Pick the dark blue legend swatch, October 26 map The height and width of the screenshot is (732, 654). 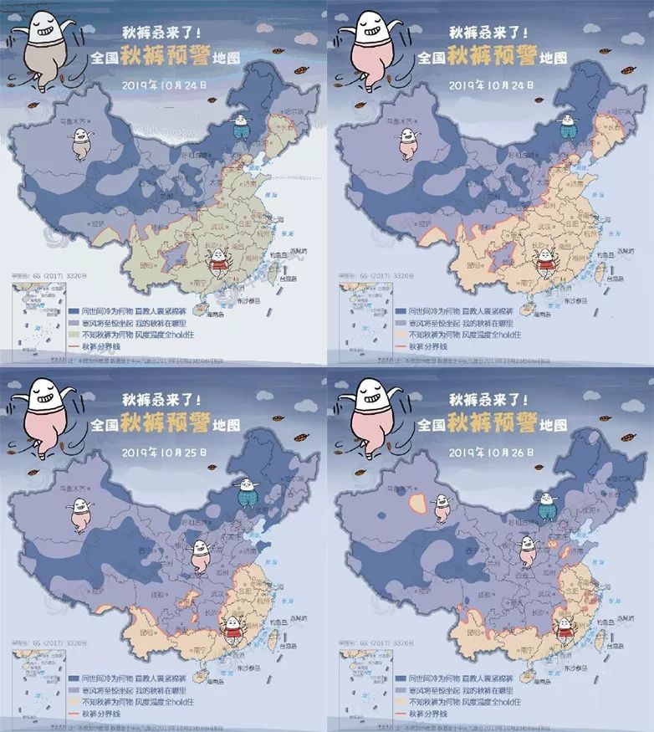[400, 678]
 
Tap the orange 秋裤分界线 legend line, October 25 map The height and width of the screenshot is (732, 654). [73, 714]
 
